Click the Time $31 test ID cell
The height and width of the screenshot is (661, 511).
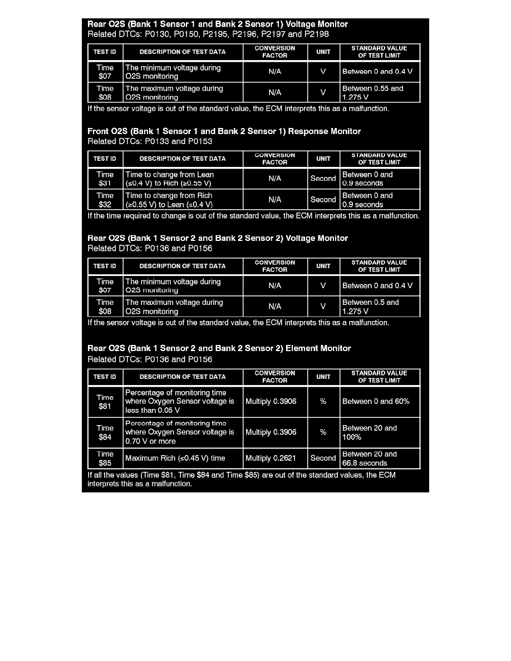(105, 179)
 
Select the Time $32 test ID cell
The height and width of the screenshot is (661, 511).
(105, 200)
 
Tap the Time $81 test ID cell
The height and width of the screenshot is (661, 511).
(105, 402)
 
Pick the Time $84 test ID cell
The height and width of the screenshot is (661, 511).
(105, 432)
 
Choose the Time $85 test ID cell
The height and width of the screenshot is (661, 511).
(105, 458)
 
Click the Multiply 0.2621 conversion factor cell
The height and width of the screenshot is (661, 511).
(275, 458)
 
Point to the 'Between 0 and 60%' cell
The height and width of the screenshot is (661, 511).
(380, 402)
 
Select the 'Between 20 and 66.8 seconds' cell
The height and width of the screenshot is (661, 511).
(380, 458)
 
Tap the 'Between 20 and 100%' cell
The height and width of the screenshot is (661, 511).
(380, 432)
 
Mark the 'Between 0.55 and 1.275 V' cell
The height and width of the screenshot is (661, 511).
(380, 92)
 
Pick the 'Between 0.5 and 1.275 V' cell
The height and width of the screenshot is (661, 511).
(380, 307)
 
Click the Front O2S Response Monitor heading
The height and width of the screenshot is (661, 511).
(224, 131)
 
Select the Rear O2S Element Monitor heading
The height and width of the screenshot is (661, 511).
(219, 348)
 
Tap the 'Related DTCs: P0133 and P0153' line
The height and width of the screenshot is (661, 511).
(150, 141)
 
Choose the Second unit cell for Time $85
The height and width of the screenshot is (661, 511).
(323, 458)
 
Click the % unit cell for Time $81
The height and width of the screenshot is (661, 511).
(323, 402)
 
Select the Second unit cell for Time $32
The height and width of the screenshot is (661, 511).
(323, 200)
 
